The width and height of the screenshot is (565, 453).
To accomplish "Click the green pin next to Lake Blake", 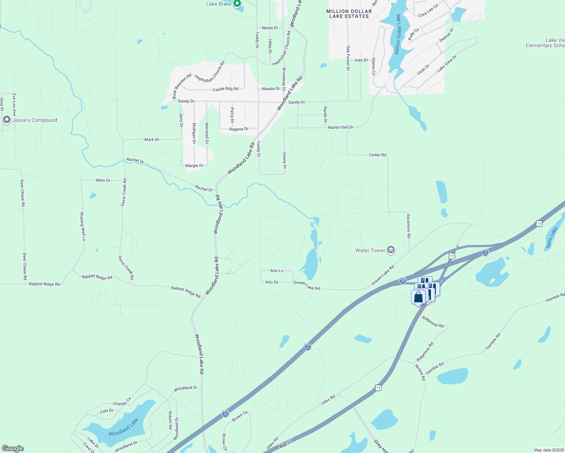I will click(237, 4).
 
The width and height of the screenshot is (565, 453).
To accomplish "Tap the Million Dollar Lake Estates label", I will click(349, 14).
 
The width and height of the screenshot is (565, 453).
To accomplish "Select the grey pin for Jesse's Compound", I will click(6, 120).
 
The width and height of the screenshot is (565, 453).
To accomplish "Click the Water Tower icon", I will click(391, 250).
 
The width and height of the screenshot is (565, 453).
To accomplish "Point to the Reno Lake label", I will click(552, 237).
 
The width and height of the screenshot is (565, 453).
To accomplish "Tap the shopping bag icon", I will click(418, 297).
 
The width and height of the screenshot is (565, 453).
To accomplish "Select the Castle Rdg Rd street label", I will click(225, 89).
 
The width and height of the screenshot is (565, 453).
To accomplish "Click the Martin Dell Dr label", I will click(341, 128).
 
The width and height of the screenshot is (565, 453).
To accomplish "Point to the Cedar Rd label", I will click(377, 155).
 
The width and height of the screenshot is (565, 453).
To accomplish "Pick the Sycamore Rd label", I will click(408, 226).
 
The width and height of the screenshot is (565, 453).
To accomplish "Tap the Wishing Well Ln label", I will click(82, 226).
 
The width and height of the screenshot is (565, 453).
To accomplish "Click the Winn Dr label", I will click(103, 180).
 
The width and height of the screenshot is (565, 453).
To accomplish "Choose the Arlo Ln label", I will click(277, 271).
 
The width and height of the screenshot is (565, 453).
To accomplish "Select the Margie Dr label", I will click(195, 166).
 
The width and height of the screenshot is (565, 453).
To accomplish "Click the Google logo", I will click(13, 448).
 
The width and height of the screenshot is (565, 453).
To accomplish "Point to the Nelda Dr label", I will click(270, 28).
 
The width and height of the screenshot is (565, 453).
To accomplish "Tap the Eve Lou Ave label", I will click(14, 105).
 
